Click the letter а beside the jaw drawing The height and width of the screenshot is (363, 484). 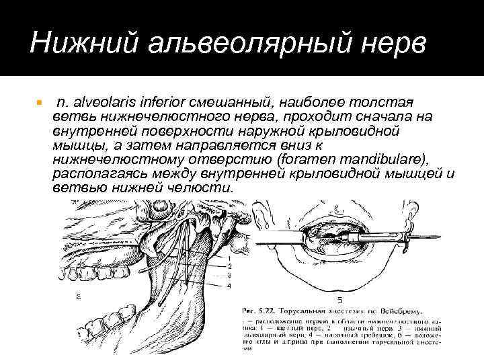79,296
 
